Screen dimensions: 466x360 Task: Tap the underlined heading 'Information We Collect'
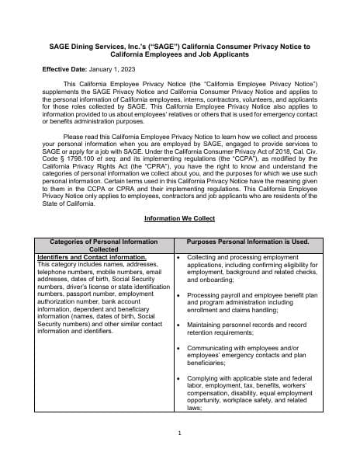click(179, 218)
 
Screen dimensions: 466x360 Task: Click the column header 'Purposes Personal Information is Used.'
click(248, 242)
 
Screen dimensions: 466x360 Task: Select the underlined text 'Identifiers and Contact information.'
click(92, 257)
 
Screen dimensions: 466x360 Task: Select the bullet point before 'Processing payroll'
click(179, 295)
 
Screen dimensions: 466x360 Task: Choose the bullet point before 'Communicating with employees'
click(179, 347)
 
